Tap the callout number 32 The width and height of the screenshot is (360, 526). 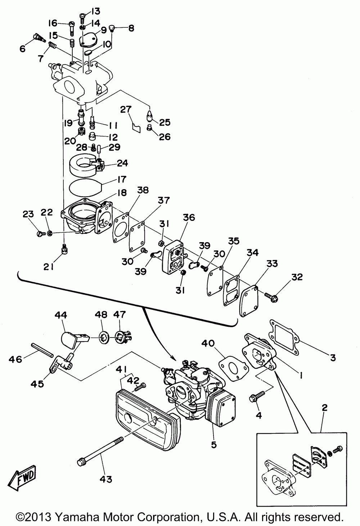[x=297, y=277]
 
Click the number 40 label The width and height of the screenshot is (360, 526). [x=208, y=344]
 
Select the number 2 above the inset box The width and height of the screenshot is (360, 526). [x=324, y=408]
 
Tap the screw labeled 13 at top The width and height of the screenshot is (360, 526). [x=82, y=18]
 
